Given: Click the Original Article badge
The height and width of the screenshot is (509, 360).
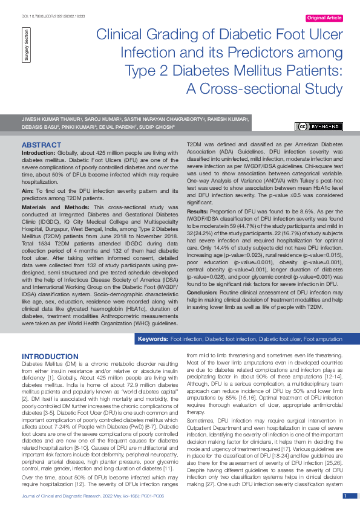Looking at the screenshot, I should point(324,18).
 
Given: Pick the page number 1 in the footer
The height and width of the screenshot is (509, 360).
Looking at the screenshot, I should point(345,496).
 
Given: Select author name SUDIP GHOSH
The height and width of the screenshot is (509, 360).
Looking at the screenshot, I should point(157,128).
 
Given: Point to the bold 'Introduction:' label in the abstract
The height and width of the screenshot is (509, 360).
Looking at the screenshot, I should point(39,155).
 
